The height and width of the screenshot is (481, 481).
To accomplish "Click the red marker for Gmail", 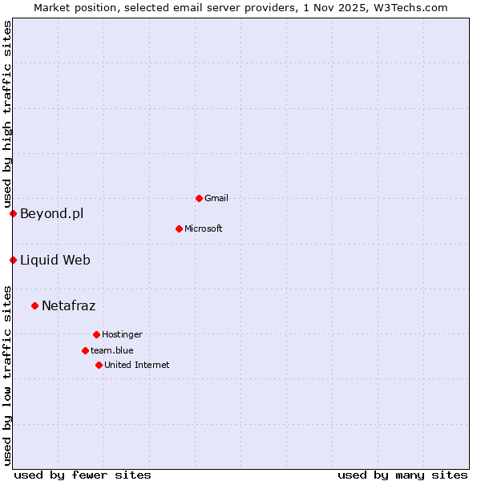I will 199,198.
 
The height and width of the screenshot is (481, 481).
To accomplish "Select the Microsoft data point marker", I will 179,228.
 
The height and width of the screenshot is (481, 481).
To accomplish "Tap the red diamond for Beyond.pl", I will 13,213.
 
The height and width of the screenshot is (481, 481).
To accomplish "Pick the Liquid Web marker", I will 13,260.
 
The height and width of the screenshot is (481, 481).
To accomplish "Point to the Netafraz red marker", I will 34,305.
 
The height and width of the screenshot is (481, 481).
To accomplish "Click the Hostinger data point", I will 96,334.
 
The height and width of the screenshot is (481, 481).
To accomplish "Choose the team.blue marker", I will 85,350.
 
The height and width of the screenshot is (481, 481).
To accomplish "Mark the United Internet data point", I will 99,365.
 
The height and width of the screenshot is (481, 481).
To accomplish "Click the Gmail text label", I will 216,198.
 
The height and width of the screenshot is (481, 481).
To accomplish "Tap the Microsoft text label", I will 204,228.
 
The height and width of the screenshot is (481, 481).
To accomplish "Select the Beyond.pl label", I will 51,213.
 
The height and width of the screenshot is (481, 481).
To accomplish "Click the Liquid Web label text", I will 55,260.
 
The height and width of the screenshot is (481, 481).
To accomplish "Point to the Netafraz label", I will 68,305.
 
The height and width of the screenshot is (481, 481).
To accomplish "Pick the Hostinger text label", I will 122,334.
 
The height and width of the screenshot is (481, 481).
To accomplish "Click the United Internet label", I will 137,365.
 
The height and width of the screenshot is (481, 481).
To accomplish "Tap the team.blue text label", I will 112,350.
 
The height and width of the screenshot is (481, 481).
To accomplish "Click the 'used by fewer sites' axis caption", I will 83,475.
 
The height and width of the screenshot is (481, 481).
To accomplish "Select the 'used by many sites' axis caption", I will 402,475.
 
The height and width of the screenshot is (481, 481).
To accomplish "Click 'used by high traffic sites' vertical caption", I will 7,115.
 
